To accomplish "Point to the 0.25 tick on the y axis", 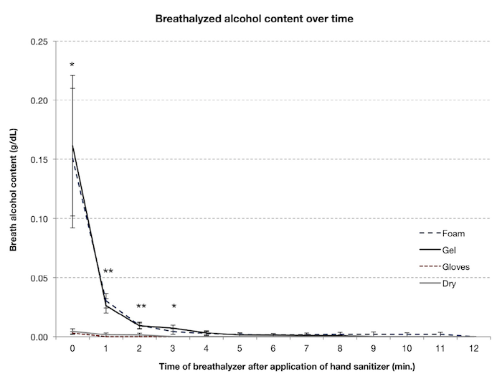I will click(x=39, y=42).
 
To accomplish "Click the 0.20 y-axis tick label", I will click(x=39, y=100).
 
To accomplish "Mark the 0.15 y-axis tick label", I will click(x=39, y=159).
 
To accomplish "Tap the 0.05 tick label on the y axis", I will click(x=39, y=278).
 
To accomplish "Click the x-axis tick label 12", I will click(x=474, y=348).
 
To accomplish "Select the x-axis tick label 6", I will click(x=273, y=348).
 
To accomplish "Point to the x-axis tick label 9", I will click(x=374, y=348).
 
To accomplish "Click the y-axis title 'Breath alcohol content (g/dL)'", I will click(x=14, y=189).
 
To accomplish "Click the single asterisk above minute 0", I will click(x=72, y=65).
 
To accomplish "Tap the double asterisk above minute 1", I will click(x=108, y=271).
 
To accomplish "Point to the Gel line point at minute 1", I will click(x=106, y=307).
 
